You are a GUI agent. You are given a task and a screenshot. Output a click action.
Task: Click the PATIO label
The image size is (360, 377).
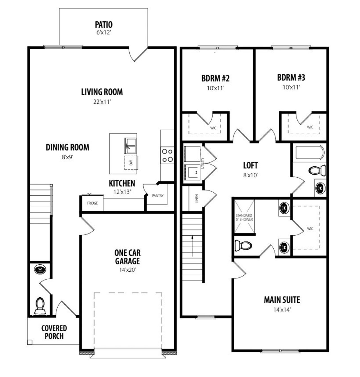tap(103, 25)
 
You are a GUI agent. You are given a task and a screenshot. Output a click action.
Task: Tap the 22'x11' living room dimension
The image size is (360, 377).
tap(102, 102)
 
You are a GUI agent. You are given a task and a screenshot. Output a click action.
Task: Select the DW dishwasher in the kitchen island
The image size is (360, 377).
tap(130, 162)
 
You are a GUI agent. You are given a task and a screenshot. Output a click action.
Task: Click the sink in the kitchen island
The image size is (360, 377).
tap(130, 146)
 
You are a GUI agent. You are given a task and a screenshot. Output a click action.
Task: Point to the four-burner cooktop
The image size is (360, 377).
tap(167, 155)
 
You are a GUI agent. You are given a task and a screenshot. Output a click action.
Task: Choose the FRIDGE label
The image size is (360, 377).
tap(92, 203)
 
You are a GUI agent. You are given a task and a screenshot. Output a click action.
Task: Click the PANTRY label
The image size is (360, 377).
tap(157, 196)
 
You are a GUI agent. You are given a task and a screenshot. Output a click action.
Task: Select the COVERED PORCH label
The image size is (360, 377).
tap(54, 332)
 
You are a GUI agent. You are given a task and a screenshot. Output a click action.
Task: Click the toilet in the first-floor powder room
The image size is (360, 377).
tap(40, 306)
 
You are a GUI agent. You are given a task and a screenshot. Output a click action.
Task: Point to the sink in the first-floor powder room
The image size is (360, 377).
tap(40, 269)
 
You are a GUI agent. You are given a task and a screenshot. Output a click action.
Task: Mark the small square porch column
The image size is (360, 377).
tap(30, 342)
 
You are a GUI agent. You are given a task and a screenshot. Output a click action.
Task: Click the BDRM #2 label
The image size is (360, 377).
tap(215, 78)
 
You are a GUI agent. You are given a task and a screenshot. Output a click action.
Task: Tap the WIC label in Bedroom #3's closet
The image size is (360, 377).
tap(310, 127)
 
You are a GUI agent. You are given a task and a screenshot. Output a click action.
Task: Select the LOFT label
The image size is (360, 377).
tap(250, 165)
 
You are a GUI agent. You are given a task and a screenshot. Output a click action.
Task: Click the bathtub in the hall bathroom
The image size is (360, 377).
tap(309, 153)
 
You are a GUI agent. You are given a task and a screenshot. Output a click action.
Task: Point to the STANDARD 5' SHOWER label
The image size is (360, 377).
tap(244, 217)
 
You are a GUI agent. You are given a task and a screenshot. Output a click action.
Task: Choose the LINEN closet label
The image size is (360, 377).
tap(197, 198)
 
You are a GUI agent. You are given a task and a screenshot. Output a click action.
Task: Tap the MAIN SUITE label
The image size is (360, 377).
tap(282, 300)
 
